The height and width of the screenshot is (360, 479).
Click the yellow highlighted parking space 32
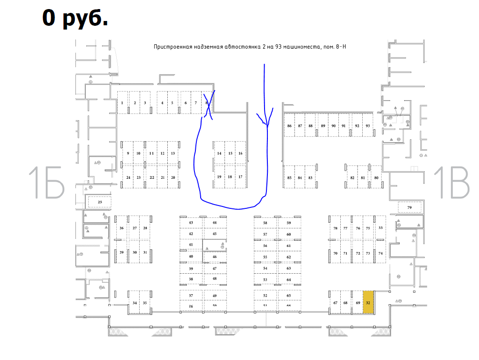click(x=368, y=302)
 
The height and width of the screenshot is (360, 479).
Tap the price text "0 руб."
click(x=75, y=18)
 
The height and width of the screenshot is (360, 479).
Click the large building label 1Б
click(x=46, y=183)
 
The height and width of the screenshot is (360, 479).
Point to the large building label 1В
click(x=451, y=183)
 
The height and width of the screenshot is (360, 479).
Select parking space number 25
click(x=100, y=202)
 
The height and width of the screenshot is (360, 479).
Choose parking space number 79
click(x=409, y=207)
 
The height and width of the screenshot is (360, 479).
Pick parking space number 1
click(x=122, y=103)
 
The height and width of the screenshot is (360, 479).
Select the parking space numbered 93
click(x=367, y=126)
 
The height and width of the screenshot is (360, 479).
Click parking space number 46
click(x=214, y=257)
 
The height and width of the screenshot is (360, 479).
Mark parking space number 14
click(x=219, y=154)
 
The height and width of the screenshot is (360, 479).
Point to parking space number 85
click(x=289, y=178)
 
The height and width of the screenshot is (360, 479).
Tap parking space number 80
click(x=377, y=178)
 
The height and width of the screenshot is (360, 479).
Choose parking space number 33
click(x=380, y=228)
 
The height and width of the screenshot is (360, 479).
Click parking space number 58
click(x=265, y=223)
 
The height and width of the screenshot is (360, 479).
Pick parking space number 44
click(x=214, y=223)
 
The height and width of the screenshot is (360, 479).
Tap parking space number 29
click(x=122, y=253)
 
